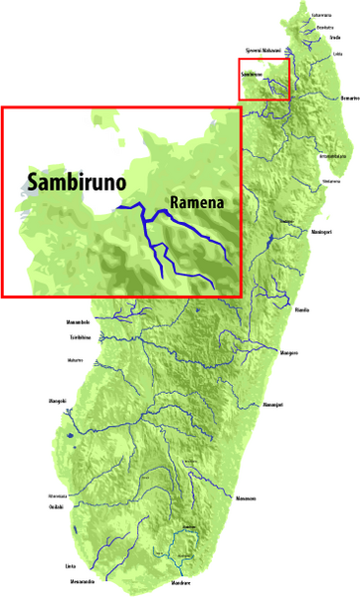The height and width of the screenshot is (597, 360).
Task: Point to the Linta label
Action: [x=71, y=566]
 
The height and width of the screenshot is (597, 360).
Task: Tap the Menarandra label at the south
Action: [x=82, y=581]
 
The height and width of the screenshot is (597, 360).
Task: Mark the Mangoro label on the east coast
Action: [x=289, y=353]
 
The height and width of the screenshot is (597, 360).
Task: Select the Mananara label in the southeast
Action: [x=246, y=497]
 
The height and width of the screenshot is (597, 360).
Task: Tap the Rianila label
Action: [x=302, y=309]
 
